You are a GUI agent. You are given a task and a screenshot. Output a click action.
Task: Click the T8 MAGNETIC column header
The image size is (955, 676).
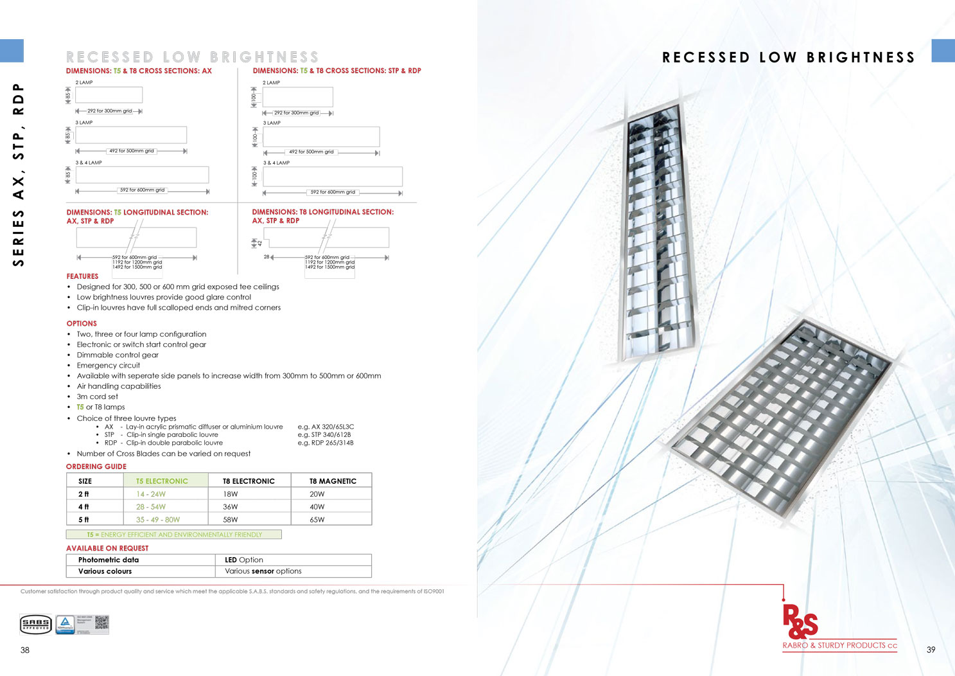coord(333,481)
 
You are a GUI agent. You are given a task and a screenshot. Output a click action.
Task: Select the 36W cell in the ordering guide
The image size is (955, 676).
coord(231,507)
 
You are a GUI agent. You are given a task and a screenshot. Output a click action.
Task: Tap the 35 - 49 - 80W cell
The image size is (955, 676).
coord(158,520)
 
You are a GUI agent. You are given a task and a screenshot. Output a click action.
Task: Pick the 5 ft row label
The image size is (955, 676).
coord(84,520)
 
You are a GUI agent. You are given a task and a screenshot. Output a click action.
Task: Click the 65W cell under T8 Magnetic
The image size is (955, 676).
coord(317,520)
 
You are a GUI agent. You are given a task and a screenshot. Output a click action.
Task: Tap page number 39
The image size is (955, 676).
coord(931,650)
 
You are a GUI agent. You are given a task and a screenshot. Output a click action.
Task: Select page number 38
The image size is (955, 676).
coord(25,650)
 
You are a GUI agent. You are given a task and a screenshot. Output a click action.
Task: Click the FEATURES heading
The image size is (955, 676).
coord(82,276)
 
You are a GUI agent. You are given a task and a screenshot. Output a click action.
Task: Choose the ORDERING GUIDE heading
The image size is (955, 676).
coord(96,467)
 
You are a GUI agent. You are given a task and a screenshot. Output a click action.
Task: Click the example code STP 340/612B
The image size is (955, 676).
coord(324,435)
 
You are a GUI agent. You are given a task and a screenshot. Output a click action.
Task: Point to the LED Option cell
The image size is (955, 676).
coord(244,560)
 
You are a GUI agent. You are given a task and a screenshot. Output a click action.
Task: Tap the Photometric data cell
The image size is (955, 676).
coord(109,560)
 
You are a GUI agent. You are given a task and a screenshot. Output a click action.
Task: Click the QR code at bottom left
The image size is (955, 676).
coord(101,622)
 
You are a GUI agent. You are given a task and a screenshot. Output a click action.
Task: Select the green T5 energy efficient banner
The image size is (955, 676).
coord(174,535)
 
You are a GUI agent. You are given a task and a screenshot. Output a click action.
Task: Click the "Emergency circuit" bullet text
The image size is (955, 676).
coord(109,366)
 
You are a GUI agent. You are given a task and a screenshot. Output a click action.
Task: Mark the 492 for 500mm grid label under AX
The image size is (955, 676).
coord(132,151)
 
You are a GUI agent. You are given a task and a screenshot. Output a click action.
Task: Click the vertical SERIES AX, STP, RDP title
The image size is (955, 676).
coord(19,174)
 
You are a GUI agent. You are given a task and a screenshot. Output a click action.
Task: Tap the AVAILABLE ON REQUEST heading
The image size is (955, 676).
coord(107,548)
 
